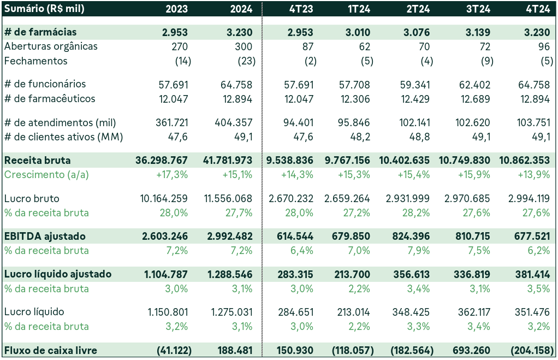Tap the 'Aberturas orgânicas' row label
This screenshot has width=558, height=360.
51,46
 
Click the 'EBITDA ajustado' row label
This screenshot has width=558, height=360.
45,237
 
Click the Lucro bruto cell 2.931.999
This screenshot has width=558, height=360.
411,199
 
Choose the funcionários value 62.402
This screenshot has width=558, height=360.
475,85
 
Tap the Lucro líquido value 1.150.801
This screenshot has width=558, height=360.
168,312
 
